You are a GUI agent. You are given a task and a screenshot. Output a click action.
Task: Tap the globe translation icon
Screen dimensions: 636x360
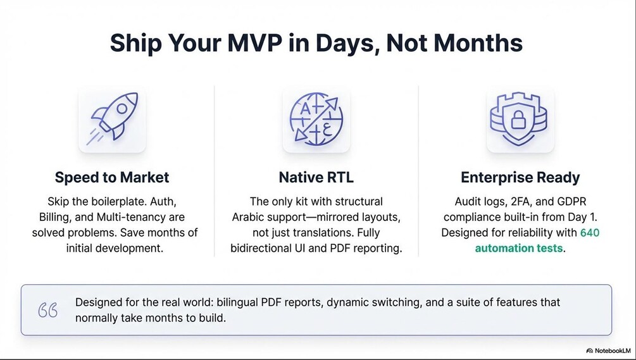(x=316, y=119)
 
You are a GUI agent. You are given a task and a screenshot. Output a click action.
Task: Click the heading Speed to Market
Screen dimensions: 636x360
(x=112, y=177)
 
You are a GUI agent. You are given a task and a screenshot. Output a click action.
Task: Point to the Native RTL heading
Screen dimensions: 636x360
(x=316, y=177)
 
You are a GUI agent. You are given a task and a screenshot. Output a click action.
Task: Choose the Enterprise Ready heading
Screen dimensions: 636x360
(x=520, y=177)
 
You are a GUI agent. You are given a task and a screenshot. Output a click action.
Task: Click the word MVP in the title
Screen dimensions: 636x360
(x=254, y=42)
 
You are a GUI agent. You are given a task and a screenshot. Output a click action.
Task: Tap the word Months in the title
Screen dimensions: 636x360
(x=478, y=42)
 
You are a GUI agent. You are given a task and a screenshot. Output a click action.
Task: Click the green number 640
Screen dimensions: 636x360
(x=590, y=233)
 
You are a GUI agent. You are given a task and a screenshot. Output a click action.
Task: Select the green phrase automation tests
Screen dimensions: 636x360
(x=519, y=248)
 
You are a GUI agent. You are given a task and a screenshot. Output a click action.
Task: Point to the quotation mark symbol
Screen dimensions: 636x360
(x=48, y=310)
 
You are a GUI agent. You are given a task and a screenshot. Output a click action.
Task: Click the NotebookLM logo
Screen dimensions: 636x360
(x=608, y=351)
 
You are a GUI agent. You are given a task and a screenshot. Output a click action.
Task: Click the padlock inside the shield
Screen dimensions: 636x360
(x=518, y=120)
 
